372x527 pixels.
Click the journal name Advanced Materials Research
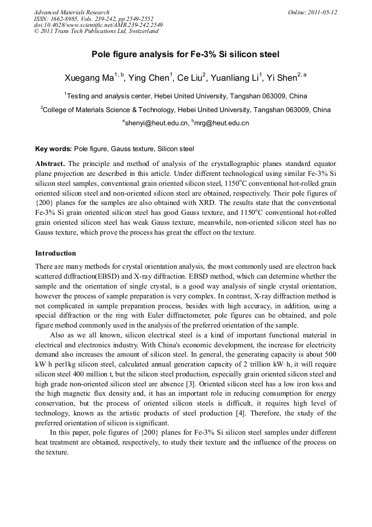(x=71, y=12)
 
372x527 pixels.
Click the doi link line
(x=98, y=25)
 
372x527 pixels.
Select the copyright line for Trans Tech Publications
(x=96, y=31)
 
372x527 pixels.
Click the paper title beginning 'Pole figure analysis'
(x=185, y=54)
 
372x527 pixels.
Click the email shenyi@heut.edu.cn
(x=157, y=123)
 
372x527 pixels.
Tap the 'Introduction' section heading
(x=55, y=253)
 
